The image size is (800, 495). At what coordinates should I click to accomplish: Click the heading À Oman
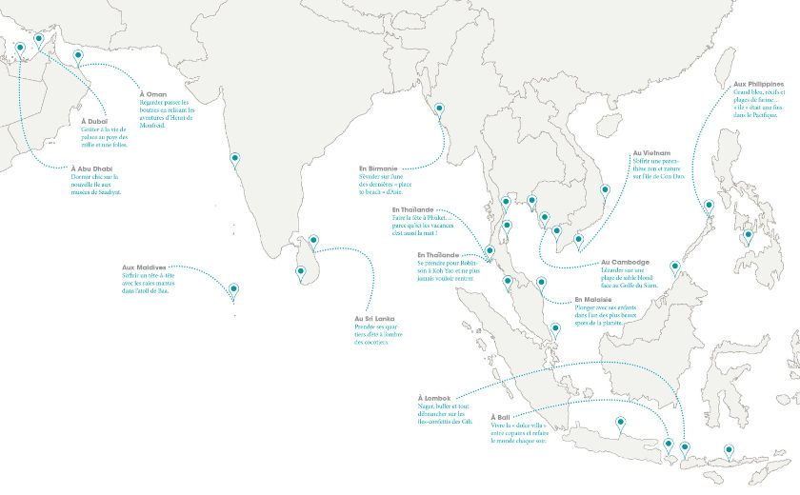pyautogui.click(x=152, y=94)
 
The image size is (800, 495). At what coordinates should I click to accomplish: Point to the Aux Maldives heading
pyautogui.click(x=144, y=267)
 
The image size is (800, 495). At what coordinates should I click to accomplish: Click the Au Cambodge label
pyautogui.click(x=625, y=262)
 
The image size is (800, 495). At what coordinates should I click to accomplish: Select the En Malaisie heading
pyautogui.click(x=591, y=300)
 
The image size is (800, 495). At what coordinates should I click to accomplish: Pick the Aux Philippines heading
pyautogui.click(x=758, y=85)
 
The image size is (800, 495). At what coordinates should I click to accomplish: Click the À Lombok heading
pyautogui.click(x=434, y=397)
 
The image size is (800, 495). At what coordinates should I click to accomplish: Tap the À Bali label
pyautogui.click(x=500, y=418)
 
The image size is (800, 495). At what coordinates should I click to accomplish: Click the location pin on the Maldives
pyautogui.click(x=233, y=288)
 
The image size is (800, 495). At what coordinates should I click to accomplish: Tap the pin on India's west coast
pyautogui.click(x=235, y=159)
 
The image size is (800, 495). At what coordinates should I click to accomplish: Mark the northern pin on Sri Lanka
pyautogui.click(x=312, y=242)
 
